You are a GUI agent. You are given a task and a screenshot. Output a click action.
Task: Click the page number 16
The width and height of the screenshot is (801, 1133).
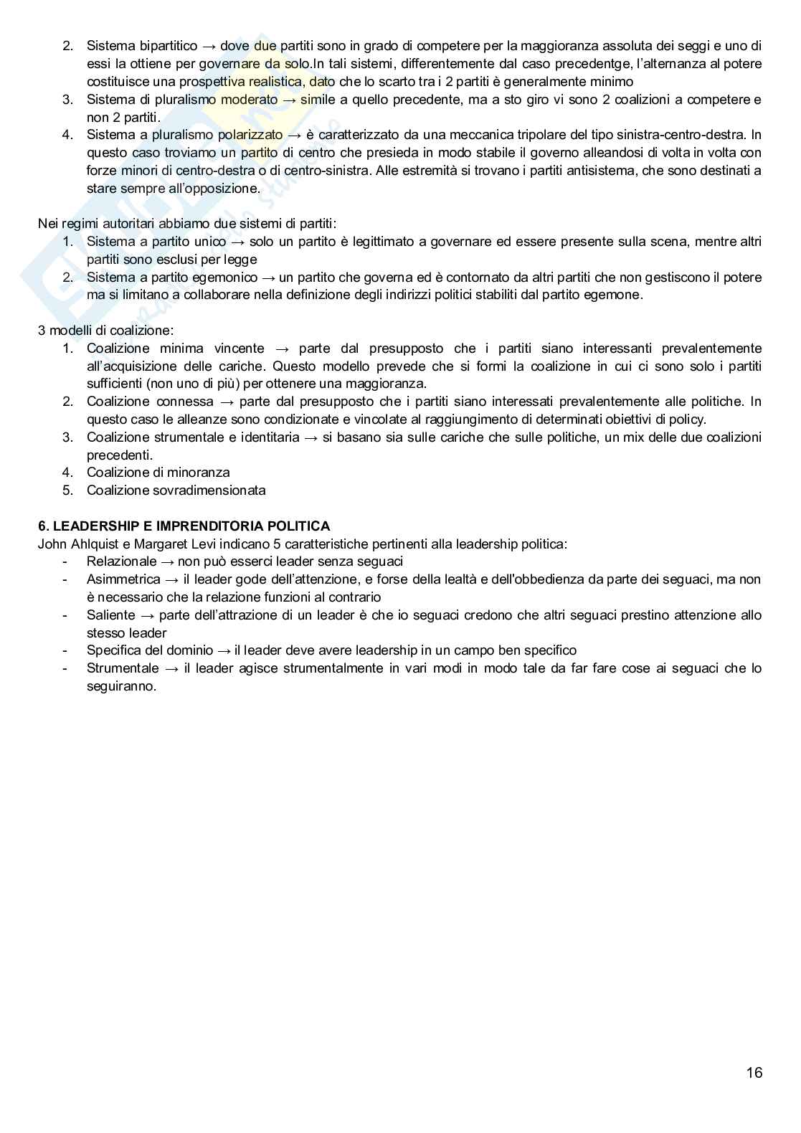pyautogui.click(x=754, y=1073)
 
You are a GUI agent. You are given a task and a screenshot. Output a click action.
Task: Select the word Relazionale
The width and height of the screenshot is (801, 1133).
pyautogui.click(x=121, y=561)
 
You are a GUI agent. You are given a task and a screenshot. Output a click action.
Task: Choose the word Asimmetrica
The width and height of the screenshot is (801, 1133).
pyautogui.click(x=123, y=579)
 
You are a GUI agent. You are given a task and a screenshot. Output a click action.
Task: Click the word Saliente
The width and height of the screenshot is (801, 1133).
pyautogui.click(x=110, y=615)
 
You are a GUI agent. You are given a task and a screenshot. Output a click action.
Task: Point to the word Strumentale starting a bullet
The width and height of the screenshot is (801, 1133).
pyautogui.click(x=123, y=668)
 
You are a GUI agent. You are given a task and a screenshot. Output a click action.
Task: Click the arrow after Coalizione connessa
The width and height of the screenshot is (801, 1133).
pyautogui.click(x=227, y=402)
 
